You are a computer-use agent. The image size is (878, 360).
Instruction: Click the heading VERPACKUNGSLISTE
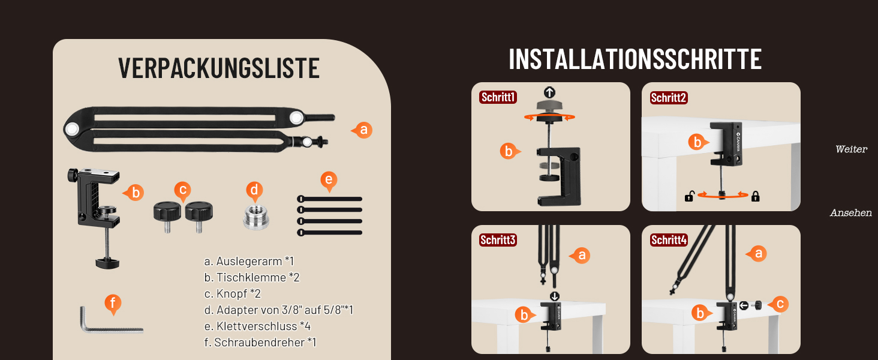[x=219, y=68]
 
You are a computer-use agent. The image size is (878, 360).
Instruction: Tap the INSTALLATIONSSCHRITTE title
[x=635, y=59]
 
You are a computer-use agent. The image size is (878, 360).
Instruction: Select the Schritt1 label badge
[x=498, y=97]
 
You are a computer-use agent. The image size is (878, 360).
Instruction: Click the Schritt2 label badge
[x=669, y=98]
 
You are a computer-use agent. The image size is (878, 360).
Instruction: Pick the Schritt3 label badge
[x=498, y=239]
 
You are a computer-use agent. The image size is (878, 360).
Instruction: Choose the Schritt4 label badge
[x=669, y=239]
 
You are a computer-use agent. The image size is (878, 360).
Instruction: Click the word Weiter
[x=851, y=149]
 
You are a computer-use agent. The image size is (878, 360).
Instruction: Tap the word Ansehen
[x=850, y=212]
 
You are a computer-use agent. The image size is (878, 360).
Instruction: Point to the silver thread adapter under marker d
[x=255, y=217]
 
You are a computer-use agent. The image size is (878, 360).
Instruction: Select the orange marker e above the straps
[x=329, y=181]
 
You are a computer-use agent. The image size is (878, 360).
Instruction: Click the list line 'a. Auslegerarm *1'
[x=249, y=261]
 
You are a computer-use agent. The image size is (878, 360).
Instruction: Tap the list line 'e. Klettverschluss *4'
[x=257, y=326]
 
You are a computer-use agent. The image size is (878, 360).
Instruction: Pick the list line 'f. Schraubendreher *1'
[x=260, y=343]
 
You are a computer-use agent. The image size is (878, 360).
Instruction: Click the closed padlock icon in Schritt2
[x=755, y=196]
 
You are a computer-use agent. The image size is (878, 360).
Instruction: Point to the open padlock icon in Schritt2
[x=690, y=196]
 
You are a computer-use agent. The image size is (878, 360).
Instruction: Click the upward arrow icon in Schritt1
[x=549, y=92]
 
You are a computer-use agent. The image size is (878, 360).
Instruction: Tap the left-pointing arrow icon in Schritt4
[x=744, y=305]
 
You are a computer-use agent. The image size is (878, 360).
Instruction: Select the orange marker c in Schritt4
[x=778, y=304]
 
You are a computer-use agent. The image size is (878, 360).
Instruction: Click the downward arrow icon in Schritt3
[x=554, y=296]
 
